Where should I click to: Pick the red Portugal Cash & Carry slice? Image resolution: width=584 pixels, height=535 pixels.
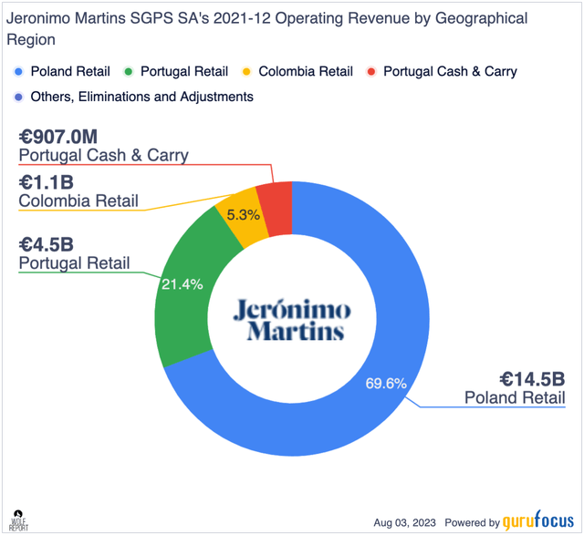tap(275, 196)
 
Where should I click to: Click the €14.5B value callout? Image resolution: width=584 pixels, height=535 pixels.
tap(532, 377)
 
